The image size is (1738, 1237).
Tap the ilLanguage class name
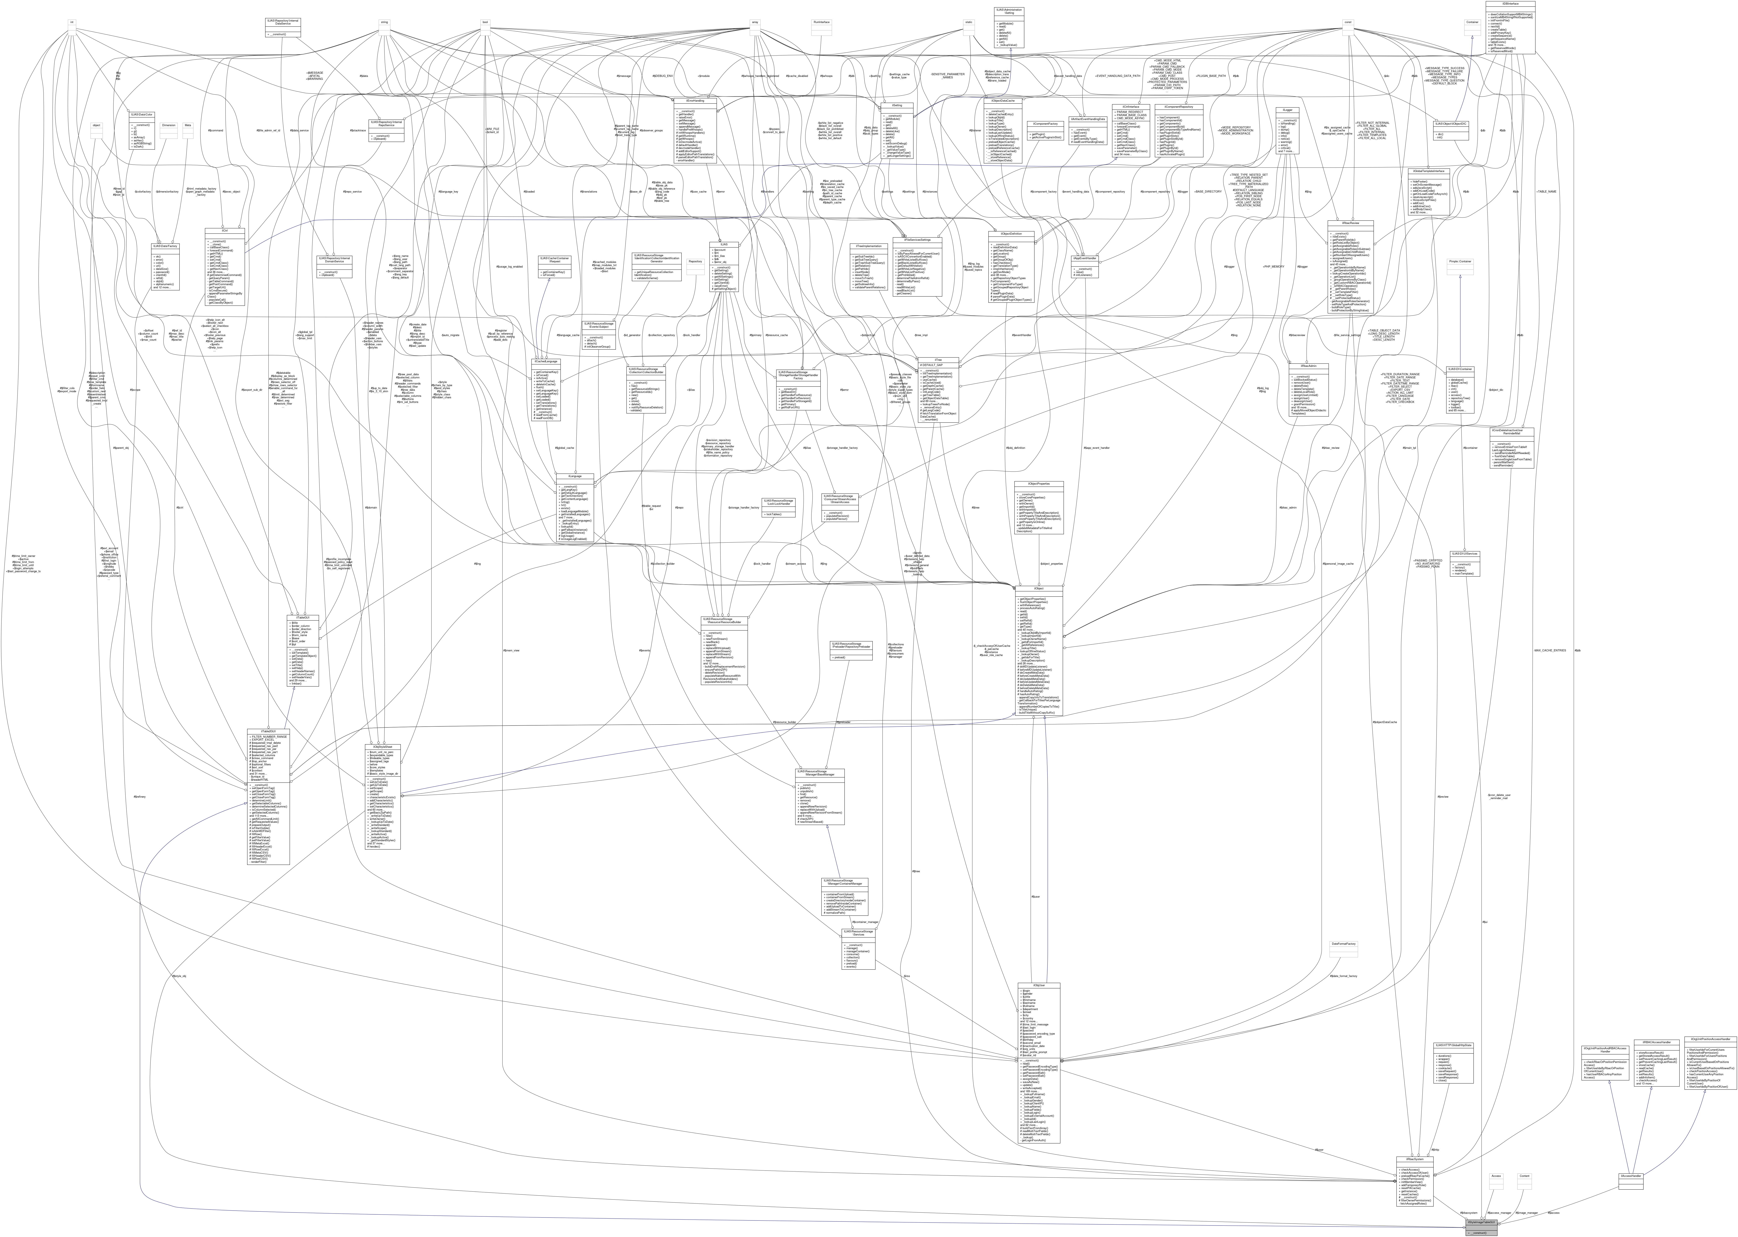click(575, 476)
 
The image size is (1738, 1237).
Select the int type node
click(72, 22)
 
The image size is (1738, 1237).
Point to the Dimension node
click(169, 124)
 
